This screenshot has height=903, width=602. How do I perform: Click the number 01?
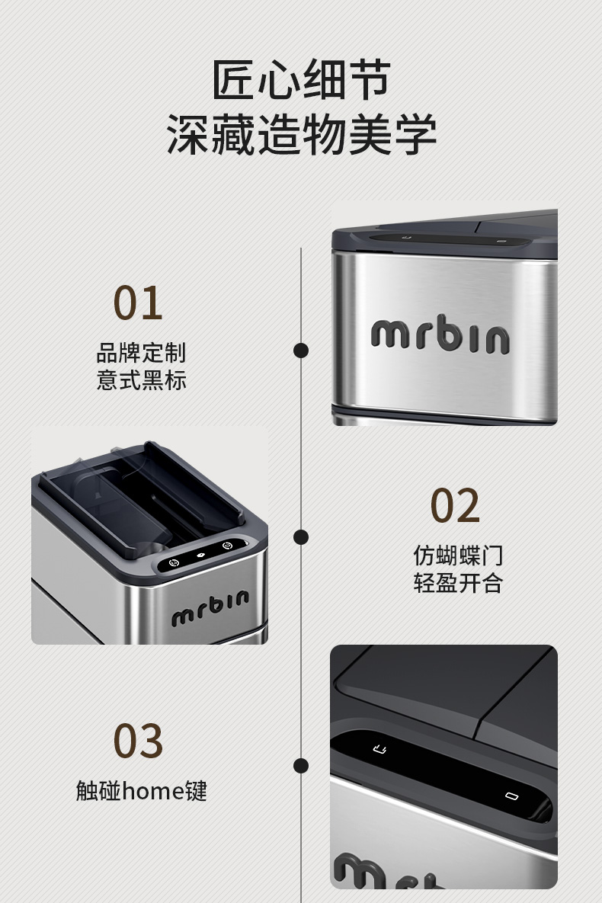138,303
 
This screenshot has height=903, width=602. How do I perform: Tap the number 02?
455,505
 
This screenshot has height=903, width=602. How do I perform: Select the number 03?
138,741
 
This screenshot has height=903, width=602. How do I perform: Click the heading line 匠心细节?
301,79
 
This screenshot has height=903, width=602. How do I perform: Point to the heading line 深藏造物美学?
301,135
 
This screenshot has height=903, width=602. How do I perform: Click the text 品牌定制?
141,353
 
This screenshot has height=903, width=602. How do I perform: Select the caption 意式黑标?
141,379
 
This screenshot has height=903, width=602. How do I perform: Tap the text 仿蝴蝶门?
458,556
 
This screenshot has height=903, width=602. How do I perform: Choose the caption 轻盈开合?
458,583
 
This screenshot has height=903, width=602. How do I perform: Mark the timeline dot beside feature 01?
301,351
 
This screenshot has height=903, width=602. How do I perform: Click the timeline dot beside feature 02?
301,536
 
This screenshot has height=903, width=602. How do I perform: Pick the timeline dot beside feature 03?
301,765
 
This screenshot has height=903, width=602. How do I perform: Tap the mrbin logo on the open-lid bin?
210,607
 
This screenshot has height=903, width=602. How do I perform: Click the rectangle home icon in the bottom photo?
511,797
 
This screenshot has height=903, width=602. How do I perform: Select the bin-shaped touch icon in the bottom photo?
379,748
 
